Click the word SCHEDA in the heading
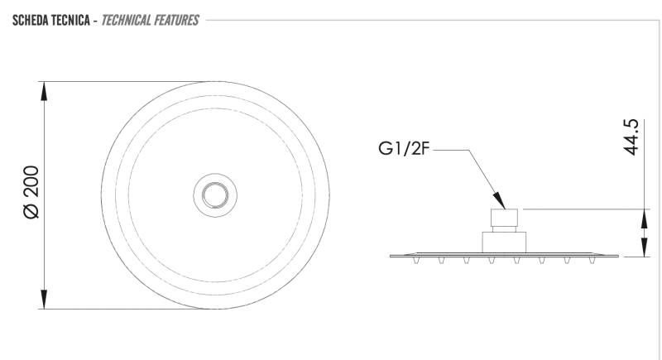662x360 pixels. (x=30, y=20)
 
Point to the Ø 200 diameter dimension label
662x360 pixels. (x=31, y=192)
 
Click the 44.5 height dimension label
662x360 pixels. (x=631, y=137)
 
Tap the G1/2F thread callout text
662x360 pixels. (x=404, y=149)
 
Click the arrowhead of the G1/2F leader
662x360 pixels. (x=500, y=201)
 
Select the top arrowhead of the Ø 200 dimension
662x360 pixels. (x=44, y=91)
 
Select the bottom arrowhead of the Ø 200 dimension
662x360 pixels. (x=44, y=300)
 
